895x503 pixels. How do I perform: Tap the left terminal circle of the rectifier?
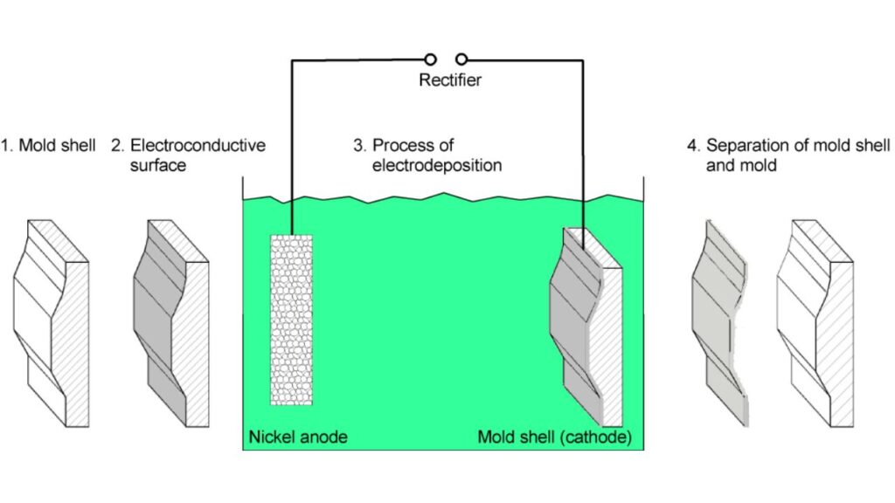(430, 59)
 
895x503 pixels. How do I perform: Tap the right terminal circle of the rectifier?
(461, 59)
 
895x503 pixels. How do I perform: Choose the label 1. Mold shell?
(47, 144)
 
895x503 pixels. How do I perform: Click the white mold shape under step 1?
(49, 322)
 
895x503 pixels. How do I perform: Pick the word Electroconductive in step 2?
(198, 144)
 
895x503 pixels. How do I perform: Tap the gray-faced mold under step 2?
(170, 322)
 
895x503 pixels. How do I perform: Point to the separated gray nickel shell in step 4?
(720, 322)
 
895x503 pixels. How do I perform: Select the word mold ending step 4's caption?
(757, 164)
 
